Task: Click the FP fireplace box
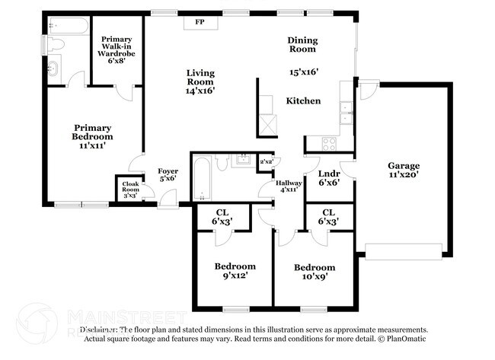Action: (x=200, y=22)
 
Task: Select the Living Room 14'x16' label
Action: (x=201, y=81)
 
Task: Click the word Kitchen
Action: (x=303, y=100)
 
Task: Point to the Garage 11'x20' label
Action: (x=403, y=170)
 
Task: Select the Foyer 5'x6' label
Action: (x=168, y=176)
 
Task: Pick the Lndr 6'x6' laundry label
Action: (x=328, y=178)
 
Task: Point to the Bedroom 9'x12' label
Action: (x=235, y=271)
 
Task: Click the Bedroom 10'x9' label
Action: (x=315, y=272)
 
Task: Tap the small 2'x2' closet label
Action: (x=267, y=162)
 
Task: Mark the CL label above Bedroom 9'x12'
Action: (x=221, y=216)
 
